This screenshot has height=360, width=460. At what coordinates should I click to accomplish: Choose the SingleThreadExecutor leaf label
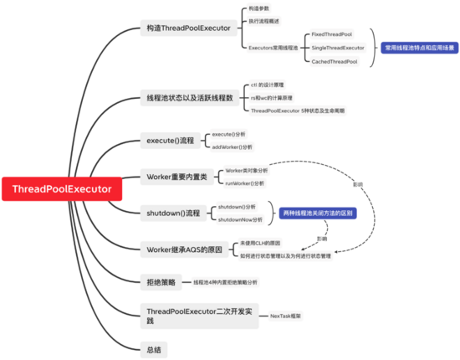(x=338, y=48)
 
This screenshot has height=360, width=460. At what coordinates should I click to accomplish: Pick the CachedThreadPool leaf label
(x=335, y=61)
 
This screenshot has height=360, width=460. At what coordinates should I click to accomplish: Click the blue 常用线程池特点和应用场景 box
(x=420, y=48)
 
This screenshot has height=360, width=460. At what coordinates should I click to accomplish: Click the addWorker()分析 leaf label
(x=230, y=147)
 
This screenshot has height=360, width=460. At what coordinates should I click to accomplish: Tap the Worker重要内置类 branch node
(x=177, y=177)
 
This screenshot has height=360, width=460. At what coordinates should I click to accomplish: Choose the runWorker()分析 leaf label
(x=245, y=183)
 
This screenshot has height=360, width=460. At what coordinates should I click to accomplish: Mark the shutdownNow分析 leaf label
(x=240, y=219)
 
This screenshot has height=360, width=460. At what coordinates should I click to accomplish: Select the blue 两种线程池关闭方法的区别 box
(x=317, y=213)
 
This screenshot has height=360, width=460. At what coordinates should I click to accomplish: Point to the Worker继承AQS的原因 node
(x=183, y=249)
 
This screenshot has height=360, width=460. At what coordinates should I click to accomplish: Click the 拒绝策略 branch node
(x=161, y=282)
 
